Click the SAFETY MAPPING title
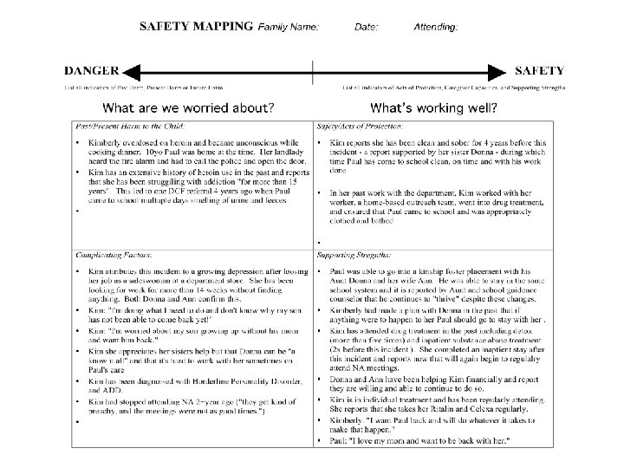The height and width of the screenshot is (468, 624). click(198, 26)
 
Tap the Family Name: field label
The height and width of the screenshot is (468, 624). click(289, 27)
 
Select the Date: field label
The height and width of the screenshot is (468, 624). click(366, 27)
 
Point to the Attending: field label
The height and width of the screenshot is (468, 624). click(436, 27)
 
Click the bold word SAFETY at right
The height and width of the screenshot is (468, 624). click(540, 71)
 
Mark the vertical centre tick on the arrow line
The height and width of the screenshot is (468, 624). click(314, 72)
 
